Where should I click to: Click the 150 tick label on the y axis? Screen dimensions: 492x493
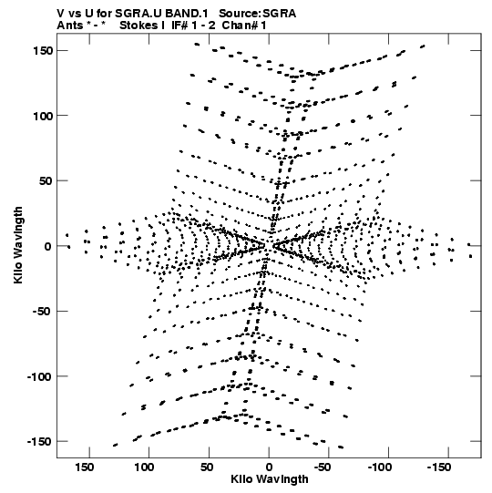pos(43,51)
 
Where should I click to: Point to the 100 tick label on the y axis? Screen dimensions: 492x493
pos(43,116)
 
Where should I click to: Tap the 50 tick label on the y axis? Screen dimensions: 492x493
pos(46,181)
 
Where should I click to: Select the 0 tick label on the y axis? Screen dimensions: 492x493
pos(47,246)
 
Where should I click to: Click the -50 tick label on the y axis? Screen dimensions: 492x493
pos(43,312)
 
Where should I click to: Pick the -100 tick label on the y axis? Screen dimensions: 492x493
pos(40,376)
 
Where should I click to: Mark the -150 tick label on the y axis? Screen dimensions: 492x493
pos(40,442)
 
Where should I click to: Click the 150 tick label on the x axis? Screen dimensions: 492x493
pos(84,467)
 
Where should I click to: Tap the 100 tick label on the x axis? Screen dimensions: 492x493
pos(144,467)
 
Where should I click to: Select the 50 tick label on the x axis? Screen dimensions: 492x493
pos(207,467)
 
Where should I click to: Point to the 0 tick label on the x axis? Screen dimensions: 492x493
pos(269,467)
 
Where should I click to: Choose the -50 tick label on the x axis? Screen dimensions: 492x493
pos(323,467)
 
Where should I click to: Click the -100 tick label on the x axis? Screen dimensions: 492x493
pos(380,467)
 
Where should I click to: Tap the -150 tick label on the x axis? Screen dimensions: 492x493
pos(439,467)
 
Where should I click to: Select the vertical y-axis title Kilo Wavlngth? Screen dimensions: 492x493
pos(18,245)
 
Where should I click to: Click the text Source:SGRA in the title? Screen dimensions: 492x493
pos(258,14)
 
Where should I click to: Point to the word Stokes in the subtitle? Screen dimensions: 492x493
pos(138,26)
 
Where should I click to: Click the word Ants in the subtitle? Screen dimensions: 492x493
pos(69,26)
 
